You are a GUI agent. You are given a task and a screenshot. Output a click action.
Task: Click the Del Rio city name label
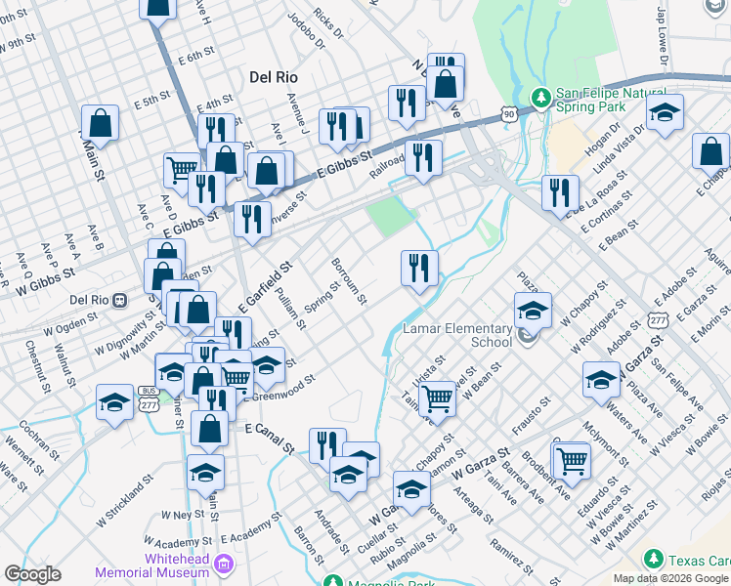(274, 76)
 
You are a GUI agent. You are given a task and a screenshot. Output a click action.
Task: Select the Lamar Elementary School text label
(464, 336)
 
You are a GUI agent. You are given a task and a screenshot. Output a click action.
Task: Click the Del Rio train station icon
(120, 300)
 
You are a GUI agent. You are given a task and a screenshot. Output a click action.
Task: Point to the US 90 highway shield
(509, 114)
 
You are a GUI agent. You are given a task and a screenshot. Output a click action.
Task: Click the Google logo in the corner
(32, 574)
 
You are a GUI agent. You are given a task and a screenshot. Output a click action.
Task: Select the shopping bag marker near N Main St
(100, 123)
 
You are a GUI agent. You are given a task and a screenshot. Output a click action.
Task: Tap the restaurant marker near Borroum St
(419, 268)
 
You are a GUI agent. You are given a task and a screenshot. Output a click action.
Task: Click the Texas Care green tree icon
(653, 559)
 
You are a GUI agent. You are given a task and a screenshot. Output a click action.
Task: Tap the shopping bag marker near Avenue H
(157, 7)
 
